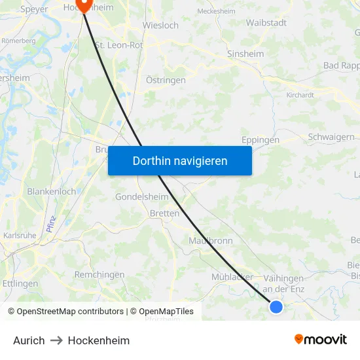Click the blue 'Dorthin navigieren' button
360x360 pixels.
click(x=180, y=160)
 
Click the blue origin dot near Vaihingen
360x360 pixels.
click(x=276, y=306)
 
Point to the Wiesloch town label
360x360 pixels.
click(x=160, y=26)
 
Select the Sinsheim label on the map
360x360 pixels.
click(x=245, y=54)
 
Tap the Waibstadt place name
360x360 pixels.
click(x=266, y=22)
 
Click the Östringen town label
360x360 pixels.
click(x=166, y=80)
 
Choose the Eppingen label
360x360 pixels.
click(x=260, y=139)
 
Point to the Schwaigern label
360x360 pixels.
click(x=331, y=137)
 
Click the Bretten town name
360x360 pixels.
click(x=164, y=213)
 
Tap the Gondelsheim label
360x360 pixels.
click(x=141, y=196)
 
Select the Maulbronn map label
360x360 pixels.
click(x=211, y=240)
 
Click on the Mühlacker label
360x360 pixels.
click(x=232, y=277)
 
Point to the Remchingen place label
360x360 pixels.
click(x=99, y=274)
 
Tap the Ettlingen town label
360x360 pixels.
click(x=20, y=283)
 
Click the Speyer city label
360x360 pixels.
click(x=34, y=9)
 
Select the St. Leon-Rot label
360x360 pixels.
click(x=119, y=45)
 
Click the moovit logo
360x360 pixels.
click(x=320, y=339)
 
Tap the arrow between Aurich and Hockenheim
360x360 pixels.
click(x=56, y=340)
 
